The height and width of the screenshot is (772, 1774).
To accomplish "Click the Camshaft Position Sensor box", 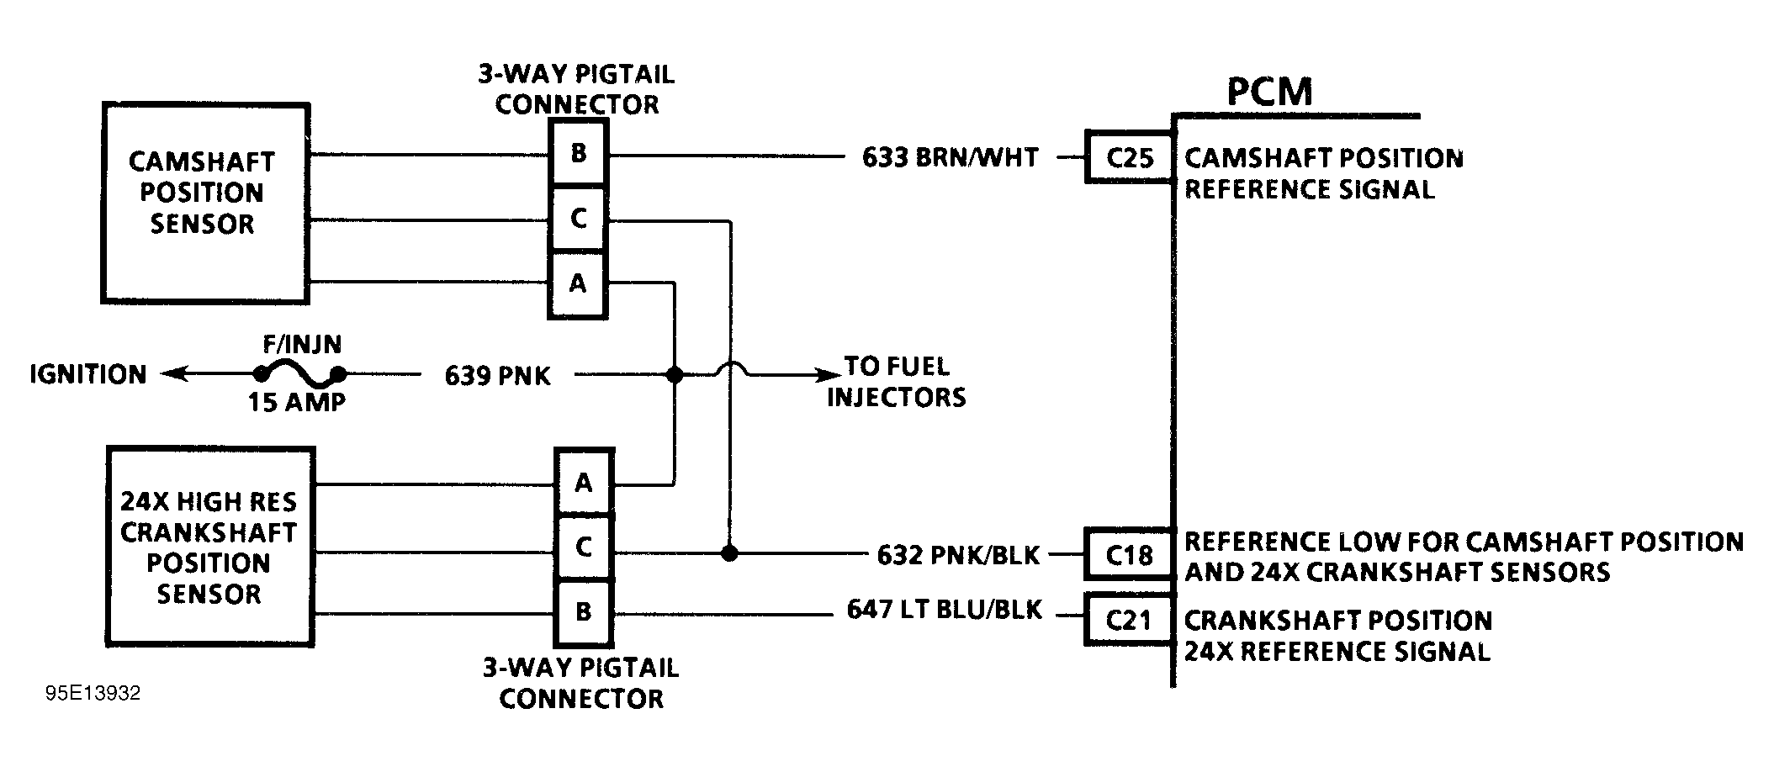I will [x=204, y=202].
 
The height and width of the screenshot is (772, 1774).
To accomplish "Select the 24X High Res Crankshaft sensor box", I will [x=210, y=547].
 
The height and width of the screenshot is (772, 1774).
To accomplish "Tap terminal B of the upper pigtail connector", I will [x=578, y=153].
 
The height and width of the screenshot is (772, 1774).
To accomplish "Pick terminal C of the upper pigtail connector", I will [x=578, y=219].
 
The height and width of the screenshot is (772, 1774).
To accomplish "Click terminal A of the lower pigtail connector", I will [x=584, y=483].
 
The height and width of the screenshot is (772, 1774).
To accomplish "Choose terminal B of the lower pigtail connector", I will [x=584, y=611].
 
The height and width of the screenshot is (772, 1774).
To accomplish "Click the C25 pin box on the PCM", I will [x=1129, y=157].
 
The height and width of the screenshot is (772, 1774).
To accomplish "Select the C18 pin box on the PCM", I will [x=1129, y=555].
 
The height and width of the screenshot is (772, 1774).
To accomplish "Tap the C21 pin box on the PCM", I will [x=1129, y=620].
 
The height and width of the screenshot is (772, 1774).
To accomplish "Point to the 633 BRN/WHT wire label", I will [x=950, y=157].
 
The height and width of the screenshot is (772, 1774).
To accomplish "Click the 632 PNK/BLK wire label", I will [x=958, y=555].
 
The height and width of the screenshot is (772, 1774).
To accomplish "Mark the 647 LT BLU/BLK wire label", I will [x=944, y=610].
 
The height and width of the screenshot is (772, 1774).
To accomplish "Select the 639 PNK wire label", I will [x=497, y=375].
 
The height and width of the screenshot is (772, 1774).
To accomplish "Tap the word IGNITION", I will [x=88, y=374].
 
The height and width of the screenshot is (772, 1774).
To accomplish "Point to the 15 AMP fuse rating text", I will [x=296, y=402].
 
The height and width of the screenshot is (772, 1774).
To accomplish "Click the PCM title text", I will [x=1268, y=91].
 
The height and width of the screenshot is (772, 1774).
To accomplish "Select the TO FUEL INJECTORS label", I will [x=897, y=381].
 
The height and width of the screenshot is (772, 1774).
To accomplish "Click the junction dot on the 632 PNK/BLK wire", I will [x=729, y=553].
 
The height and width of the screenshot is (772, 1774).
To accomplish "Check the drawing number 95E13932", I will [x=93, y=694].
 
